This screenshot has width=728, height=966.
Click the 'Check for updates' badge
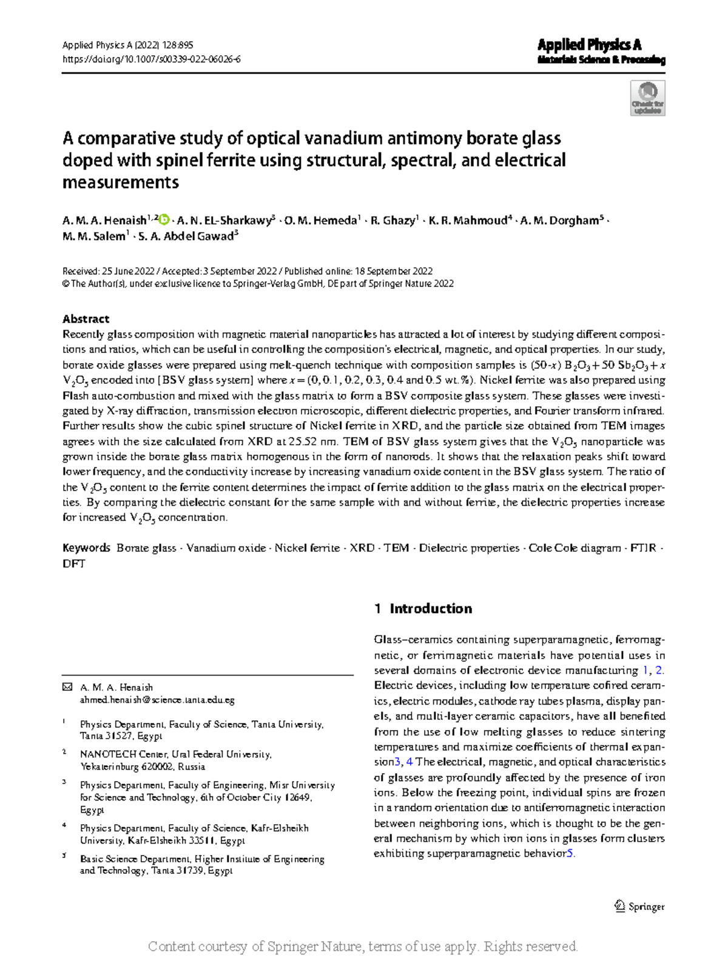pos(648,98)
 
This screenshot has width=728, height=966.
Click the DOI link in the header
pos(152,59)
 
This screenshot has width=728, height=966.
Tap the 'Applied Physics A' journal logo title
pos(589,45)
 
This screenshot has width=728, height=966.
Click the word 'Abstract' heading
pos(86,319)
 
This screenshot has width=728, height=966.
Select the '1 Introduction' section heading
pos(423,609)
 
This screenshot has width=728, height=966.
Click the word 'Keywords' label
pos(86,548)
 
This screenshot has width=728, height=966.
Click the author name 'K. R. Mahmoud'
pos(468,221)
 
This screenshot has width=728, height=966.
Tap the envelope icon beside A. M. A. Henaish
pos(67,687)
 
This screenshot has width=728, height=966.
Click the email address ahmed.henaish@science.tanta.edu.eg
pos(157,700)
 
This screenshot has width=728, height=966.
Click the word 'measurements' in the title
pos(121,183)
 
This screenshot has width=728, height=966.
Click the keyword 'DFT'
pos(74,564)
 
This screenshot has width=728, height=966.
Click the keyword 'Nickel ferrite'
pos(307,548)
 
